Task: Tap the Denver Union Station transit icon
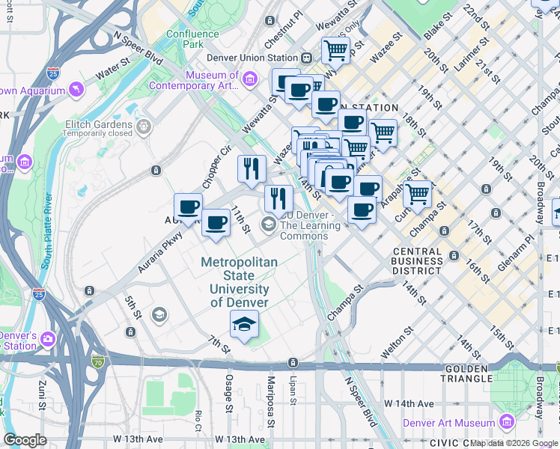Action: point(306,58)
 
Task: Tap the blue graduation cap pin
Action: point(244,325)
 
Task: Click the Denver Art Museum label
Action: point(449,423)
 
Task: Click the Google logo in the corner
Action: point(25,439)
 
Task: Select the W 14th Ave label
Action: point(409,403)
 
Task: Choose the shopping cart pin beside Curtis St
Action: point(418,194)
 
